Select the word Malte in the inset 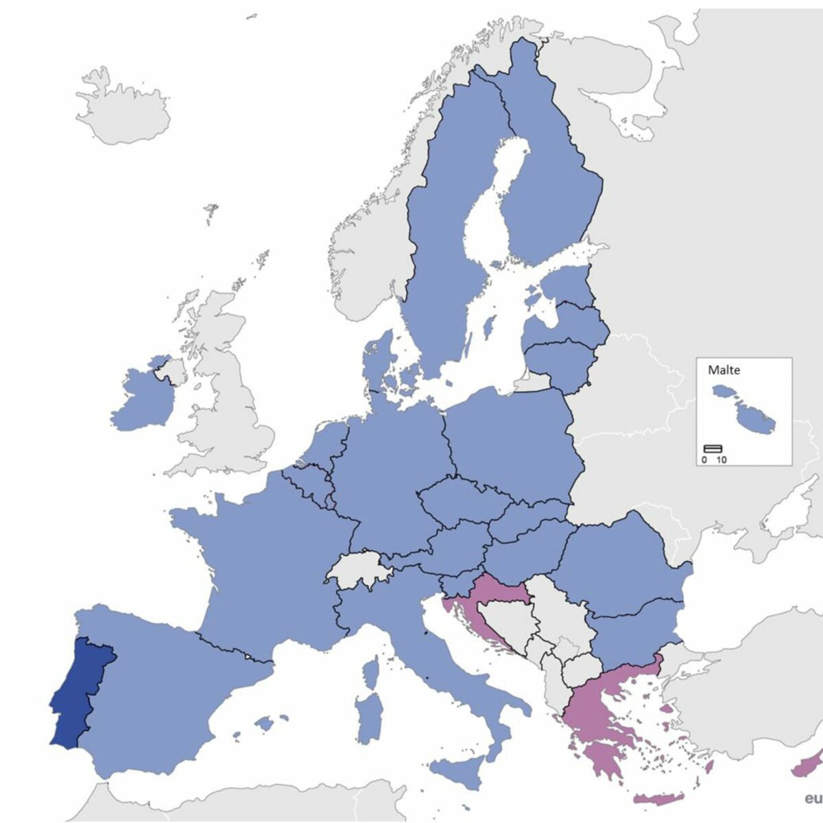click(x=724, y=370)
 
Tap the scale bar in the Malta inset click(x=713, y=449)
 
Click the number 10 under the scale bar click(x=721, y=460)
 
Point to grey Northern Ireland click(x=171, y=371)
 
